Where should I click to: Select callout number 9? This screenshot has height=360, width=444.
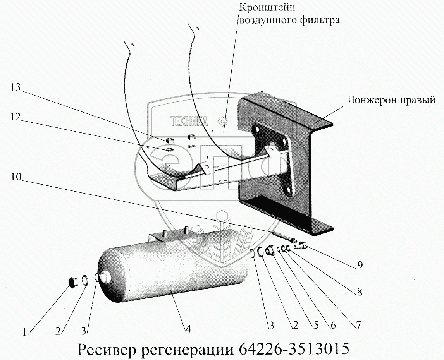360,266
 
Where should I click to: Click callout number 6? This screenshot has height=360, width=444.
333,326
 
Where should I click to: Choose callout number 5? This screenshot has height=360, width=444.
315,326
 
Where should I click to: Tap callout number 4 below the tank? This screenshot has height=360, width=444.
188,329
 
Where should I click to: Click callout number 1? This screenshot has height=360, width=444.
25,332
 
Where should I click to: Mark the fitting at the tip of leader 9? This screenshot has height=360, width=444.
302,245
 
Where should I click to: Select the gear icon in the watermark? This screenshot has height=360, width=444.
222,121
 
